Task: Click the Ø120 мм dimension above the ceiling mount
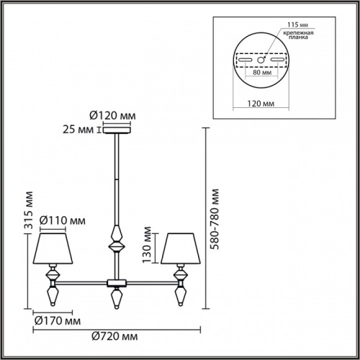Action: pos(114,115)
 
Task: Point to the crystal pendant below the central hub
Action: pos(114,296)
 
